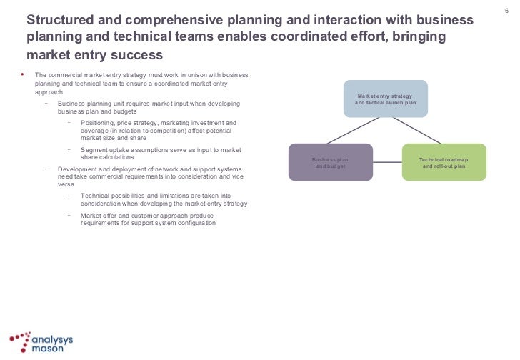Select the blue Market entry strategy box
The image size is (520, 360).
[386, 99]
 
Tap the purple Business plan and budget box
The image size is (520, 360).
[330, 162]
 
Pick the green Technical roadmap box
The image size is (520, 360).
[444, 162]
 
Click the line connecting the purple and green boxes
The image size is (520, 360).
[387, 162]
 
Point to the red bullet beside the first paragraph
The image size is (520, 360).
[23, 74]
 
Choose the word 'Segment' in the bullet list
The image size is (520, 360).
[94, 149]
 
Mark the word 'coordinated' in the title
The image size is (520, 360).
[324, 36]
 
